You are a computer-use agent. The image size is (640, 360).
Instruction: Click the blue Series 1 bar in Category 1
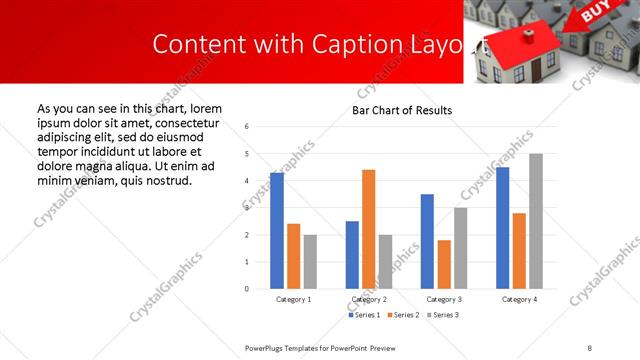277,231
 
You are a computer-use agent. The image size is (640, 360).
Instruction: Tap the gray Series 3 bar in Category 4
536,221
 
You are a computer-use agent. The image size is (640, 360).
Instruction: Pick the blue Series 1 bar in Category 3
427,241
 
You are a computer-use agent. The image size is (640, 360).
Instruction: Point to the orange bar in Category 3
444,264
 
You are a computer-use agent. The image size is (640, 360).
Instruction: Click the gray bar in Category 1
310,261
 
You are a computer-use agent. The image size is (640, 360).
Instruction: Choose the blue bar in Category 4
502,228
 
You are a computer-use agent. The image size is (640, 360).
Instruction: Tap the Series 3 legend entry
445,315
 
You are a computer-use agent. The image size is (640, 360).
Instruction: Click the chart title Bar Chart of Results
402,110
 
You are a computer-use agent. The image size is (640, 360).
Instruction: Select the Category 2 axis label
369,299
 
